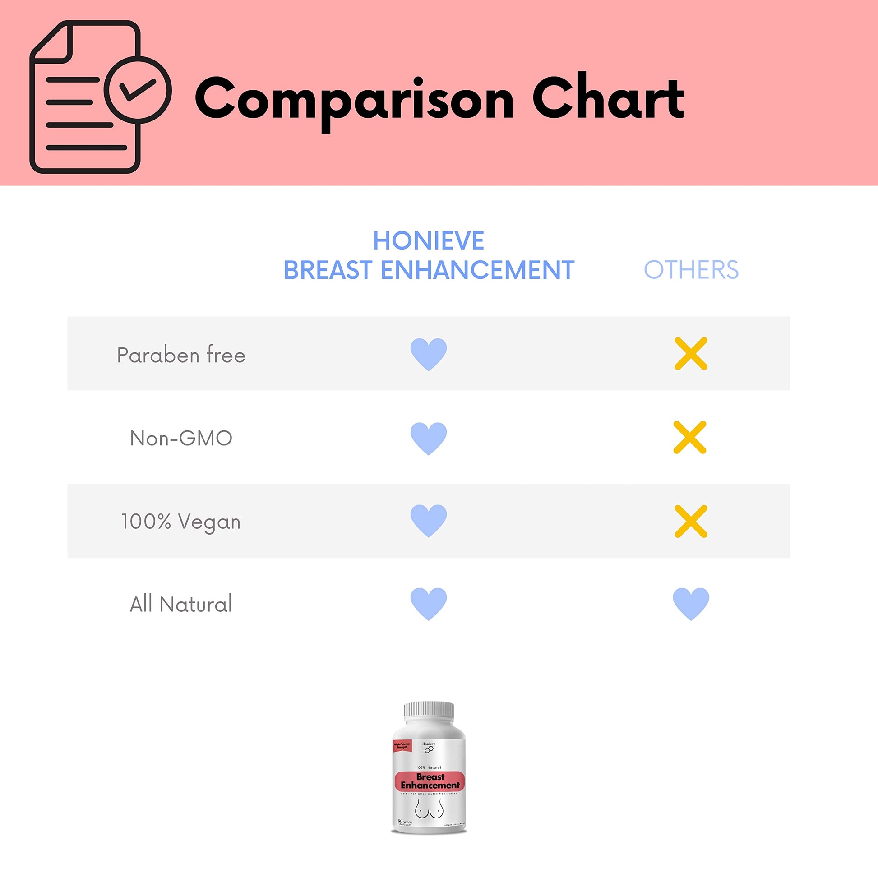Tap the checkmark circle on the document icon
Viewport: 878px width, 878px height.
pos(138,90)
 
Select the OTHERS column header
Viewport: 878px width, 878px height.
pos(691,270)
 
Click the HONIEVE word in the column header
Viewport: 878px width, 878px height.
pos(429,241)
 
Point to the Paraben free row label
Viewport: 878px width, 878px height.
pos(181,355)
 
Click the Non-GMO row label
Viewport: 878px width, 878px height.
pos(181,438)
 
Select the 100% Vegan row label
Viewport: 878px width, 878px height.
pos(181,522)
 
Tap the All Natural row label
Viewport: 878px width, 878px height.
pos(181,604)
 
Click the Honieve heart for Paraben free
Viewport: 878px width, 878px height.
pos(429,354)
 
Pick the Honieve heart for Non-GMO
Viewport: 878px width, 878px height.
pos(429,438)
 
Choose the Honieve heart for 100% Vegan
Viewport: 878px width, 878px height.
pos(429,520)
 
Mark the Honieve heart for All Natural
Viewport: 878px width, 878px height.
pos(429,604)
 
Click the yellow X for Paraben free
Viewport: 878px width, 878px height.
pos(691,354)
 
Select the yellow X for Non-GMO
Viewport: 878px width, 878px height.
pos(690,437)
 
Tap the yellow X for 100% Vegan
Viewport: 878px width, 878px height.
pos(691,521)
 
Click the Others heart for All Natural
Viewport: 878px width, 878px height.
pos(691,604)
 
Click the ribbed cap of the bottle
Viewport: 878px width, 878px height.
pos(429,712)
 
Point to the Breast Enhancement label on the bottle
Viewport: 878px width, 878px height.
pos(430,781)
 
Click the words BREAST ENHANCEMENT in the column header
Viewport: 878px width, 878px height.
pos(429,270)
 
